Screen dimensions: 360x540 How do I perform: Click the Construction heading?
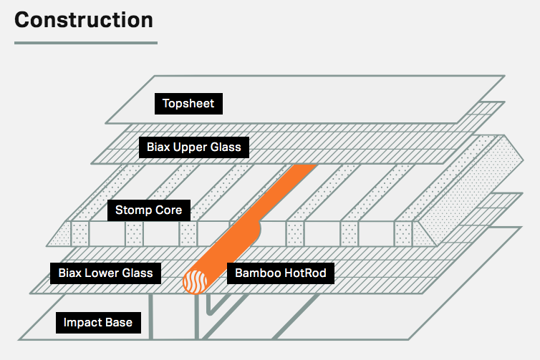pyautogui.click(x=84, y=19)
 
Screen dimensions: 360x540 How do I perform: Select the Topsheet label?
pyautogui.click(x=188, y=104)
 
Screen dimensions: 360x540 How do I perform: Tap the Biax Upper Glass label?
pyautogui.click(x=194, y=148)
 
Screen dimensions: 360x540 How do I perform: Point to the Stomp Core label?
pyautogui.click(x=149, y=210)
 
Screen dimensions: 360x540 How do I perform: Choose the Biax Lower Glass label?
pyautogui.click(x=105, y=273)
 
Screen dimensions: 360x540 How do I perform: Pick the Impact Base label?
pyautogui.click(x=98, y=323)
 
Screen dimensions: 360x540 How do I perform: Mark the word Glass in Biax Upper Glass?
pyautogui.click(x=227, y=148)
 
